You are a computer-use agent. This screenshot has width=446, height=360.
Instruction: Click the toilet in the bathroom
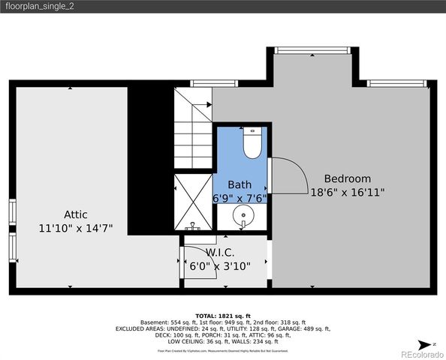pyautogui.click(x=252, y=142)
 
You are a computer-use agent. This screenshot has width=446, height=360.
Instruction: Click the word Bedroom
pyautogui.click(x=347, y=178)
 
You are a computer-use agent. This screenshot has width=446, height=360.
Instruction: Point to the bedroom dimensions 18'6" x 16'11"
pyautogui.click(x=347, y=192)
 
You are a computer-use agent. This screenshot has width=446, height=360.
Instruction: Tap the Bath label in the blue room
pyautogui.click(x=240, y=184)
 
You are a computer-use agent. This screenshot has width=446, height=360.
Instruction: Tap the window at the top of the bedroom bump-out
pyautogui.click(x=312, y=50)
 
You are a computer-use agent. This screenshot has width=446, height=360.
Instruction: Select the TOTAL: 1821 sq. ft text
pyautogui.click(x=222, y=316)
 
